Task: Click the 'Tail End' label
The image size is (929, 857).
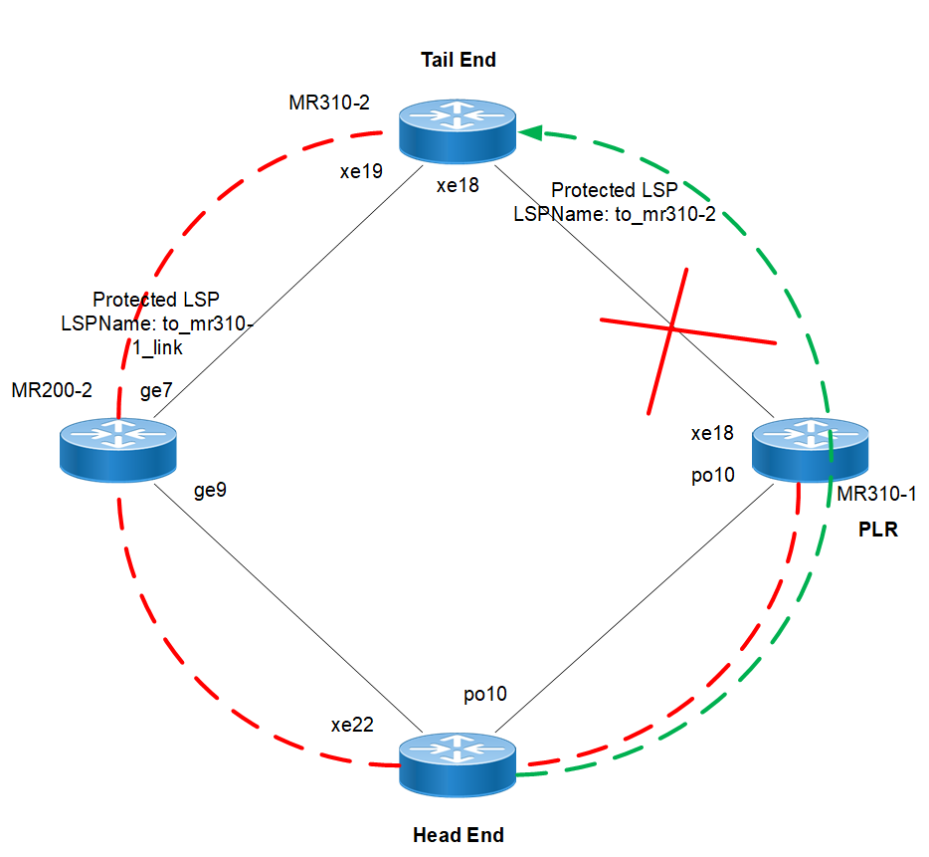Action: pos(458,61)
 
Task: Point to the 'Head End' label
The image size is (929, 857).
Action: pos(458,835)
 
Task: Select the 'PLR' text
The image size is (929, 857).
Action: pos(877,531)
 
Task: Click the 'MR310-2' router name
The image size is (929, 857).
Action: pos(328,104)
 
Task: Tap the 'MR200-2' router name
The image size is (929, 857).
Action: pos(52,390)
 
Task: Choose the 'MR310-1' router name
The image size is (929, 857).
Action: pos(876,494)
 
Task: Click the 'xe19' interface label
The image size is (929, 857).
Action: pos(361,171)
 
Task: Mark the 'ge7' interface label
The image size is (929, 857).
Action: pos(156,392)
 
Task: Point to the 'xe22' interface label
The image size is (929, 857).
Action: pos(352,725)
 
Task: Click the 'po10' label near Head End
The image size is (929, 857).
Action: pos(485,694)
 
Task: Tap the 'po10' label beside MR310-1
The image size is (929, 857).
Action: pos(712,476)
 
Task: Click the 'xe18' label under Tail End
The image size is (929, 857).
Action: pos(459,187)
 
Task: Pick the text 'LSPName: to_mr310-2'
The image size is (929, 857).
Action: pos(615,212)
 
